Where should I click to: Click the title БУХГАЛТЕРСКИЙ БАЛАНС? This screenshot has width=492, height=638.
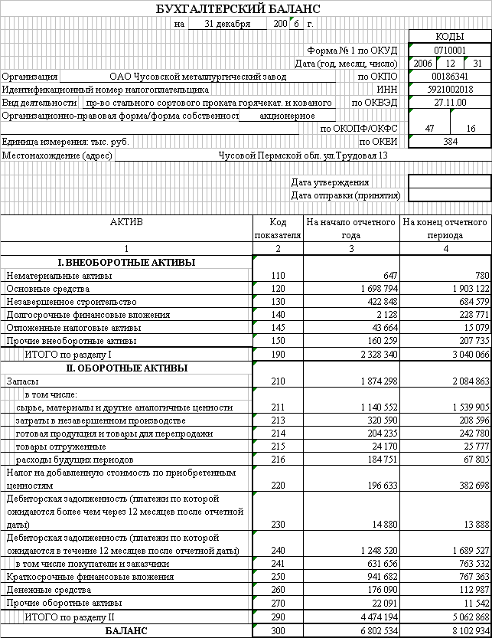tap(238, 9)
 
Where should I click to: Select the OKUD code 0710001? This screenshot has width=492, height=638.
tap(450, 50)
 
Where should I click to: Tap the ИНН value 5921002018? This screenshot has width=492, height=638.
tap(450, 90)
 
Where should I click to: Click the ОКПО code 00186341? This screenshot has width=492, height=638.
tap(450, 77)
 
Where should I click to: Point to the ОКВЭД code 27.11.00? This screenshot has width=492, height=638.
tap(450, 102)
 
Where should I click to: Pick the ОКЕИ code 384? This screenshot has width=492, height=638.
tap(450, 142)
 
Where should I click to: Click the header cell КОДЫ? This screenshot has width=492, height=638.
tap(450, 37)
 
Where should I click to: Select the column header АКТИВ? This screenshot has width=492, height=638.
tap(126, 222)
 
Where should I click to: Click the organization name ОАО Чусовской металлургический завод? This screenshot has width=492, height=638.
tap(197, 77)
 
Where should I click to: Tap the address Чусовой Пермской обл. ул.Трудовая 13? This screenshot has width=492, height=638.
tap(303, 155)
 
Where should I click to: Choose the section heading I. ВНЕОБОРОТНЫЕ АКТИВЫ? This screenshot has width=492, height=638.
tap(126, 263)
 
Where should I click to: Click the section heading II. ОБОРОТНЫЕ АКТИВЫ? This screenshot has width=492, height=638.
tap(126, 368)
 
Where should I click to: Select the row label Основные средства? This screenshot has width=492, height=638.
tap(47, 289)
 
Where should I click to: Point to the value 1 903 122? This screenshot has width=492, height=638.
tap(466, 289)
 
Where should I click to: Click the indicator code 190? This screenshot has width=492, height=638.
tap(277, 355)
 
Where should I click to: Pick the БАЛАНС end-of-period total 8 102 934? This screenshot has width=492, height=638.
tap(464, 631)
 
